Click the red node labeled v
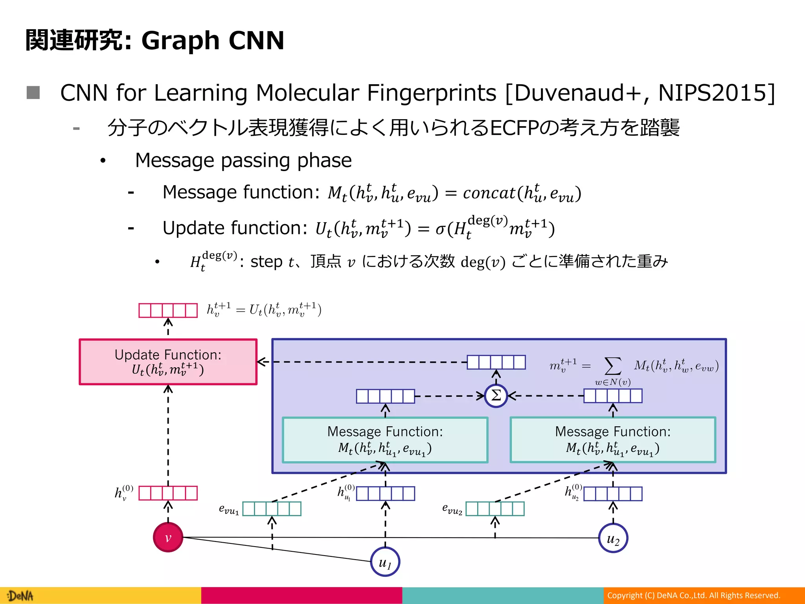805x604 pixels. (x=168, y=537)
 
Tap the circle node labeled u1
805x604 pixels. (x=385, y=562)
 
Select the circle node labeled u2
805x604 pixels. (x=613, y=538)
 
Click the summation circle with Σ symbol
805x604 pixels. (x=496, y=396)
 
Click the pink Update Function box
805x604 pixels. (x=168, y=362)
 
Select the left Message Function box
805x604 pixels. (x=385, y=440)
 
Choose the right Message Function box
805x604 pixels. (x=613, y=440)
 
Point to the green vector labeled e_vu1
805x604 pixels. (x=272, y=508)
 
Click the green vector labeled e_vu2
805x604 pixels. (x=495, y=508)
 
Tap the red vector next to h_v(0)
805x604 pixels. (x=168, y=493)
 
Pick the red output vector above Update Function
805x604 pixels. (x=168, y=310)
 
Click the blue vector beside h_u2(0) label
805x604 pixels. (x=613, y=494)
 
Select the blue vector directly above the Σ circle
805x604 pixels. (x=496, y=362)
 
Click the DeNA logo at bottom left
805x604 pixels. (x=20, y=596)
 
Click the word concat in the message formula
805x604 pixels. (x=489, y=193)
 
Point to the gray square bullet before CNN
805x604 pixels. (x=33, y=93)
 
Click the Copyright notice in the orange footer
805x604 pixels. (x=693, y=595)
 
